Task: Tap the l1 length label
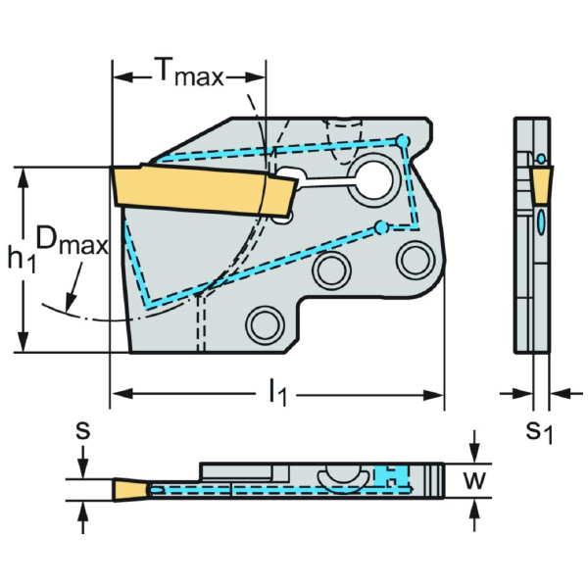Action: (x=278, y=394)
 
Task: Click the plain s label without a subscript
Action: (x=83, y=429)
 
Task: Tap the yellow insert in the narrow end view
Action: (x=541, y=181)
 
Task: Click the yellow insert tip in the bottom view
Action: (x=128, y=488)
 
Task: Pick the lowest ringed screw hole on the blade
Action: (x=264, y=321)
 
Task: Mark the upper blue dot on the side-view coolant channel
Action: (x=402, y=142)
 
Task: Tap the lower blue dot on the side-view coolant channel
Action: (x=380, y=228)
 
